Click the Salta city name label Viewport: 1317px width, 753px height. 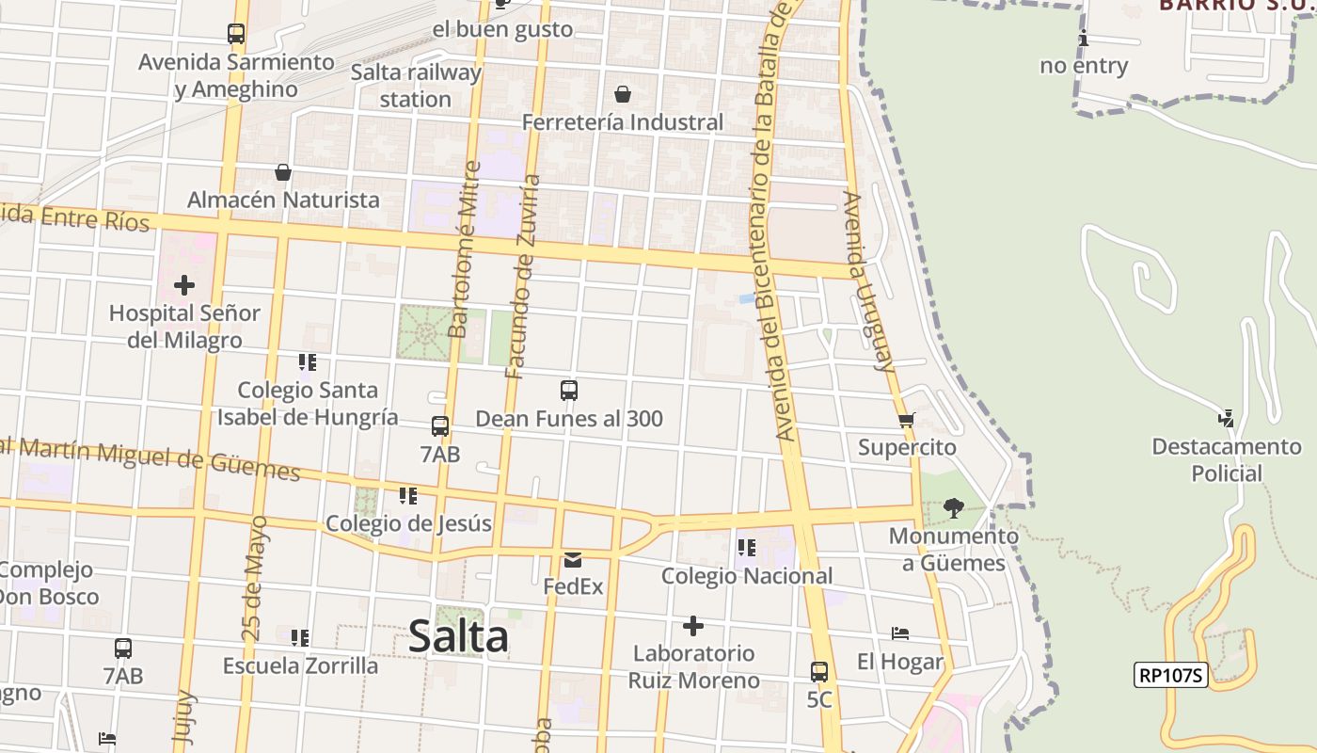pyautogui.click(x=458, y=637)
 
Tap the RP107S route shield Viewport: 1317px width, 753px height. pyautogui.click(x=1170, y=675)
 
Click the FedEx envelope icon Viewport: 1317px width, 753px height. pyautogui.click(x=573, y=560)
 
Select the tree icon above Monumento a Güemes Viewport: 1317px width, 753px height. pyautogui.click(x=954, y=508)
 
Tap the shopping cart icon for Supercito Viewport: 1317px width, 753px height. pyautogui.click(x=906, y=421)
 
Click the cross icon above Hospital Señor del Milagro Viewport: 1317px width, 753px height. pyautogui.click(x=184, y=284)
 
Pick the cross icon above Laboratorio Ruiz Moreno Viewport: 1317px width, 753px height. pyautogui.click(x=693, y=626)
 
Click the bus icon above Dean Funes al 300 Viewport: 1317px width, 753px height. pyautogui.click(x=569, y=391)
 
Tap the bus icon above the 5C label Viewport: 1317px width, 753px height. pyautogui.click(x=819, y=672)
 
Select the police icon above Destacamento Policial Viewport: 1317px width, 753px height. pyautogui.click(x=1226, y=419)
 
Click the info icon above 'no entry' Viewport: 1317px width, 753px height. pyautogui.click(x=1084, y=39)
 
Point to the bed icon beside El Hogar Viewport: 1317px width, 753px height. pyautogui.click(x=900, y=633)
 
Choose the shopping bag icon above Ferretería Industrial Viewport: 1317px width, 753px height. pyautogui.click(x=622, y=94)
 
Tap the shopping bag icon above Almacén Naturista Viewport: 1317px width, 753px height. pyautogui.click(x=283, y=172)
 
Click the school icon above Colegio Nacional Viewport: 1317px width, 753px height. pyautogui.click(x=747, y=548)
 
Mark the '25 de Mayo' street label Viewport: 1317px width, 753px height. pyautogui.click(x=253, y=579)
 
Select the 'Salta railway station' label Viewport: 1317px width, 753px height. pyautogui.click(x=416, y=86)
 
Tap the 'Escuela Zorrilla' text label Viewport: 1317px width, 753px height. pyautogui.click(x=300, y=665)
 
